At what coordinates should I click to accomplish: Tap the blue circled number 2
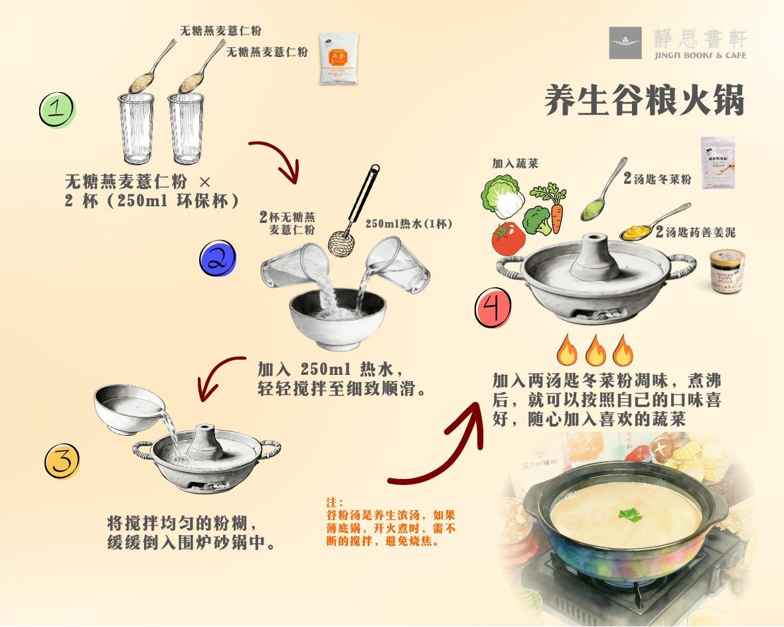point(217,259)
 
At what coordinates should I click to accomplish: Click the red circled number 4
point(493,309)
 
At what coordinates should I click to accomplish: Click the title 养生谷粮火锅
point(644,101)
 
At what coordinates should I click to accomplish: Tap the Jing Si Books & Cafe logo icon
point(625,43)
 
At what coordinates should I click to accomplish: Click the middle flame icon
point(595,350)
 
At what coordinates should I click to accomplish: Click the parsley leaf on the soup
point(629,514)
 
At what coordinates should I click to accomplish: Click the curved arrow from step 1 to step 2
point(275,159)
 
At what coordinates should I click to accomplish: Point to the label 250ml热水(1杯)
point(409,224)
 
